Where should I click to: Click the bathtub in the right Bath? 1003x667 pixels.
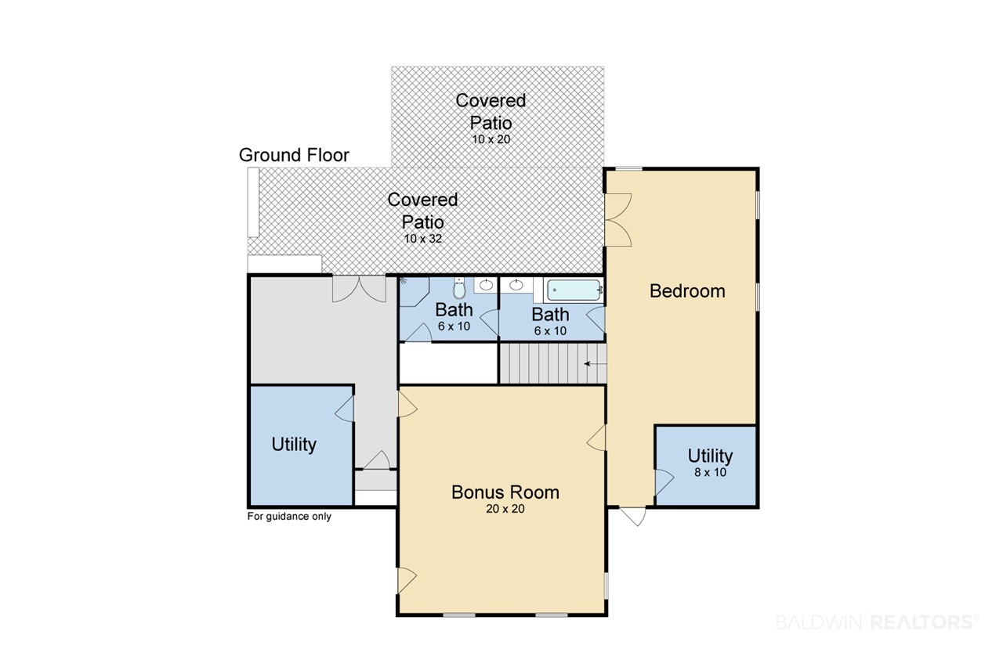pyautogui.click(x=574, y=290)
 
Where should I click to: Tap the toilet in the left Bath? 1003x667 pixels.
pyautogui.click(x=459, y=287)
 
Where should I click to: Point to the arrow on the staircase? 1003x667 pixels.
pyautogui.click(x=596, y=364)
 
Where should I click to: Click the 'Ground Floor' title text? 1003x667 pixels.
pyautogui.click(x=294, y=155)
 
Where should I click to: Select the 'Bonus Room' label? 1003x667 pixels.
pyautogui.click(x=505, y=492)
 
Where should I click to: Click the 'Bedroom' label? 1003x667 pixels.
pyautogui.click(x=687, y=290)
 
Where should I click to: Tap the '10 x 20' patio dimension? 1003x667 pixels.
pyautogui.click(x=491, y=139)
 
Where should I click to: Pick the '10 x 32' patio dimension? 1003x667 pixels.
pyautogui.click(x=422, y=239)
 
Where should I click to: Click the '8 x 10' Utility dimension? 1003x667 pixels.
pyautogui.click(x=710, y=472)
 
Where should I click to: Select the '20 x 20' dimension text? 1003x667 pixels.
pyautogui.click(x=505, y=509)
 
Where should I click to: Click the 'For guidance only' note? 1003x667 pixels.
pyautogui.click(x=289, y=516)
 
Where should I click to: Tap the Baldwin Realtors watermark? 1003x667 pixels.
pyautogui.click(x=877, y=622)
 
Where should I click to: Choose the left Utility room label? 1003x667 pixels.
pyautogui.click(x=294, y=444)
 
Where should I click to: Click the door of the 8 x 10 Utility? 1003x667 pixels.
pyautogui.click(x=664, y=481)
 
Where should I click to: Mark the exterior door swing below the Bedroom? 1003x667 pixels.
pyautogui.click(x=633, y=517)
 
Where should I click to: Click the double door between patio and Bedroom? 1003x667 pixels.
pyautogui.click(x=618, y=220)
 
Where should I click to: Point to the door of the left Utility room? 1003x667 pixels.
pyautogui.click(x=344, y=409)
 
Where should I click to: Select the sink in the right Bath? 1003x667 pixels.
pyautogui.click(x=516, y=284)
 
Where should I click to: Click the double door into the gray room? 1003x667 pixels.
pyautogui.click(x=359, y=289)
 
